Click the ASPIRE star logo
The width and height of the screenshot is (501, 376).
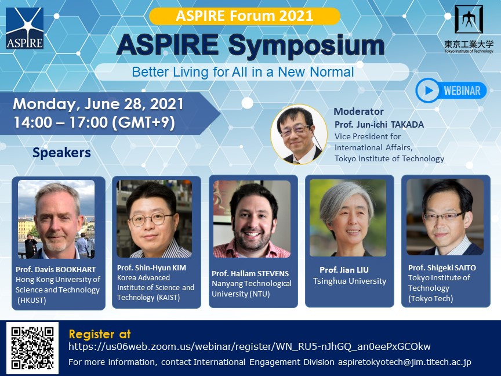click(24, 28)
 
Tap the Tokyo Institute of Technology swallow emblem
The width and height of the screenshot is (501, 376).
click(469, 19)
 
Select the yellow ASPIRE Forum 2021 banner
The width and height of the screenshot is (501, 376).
click(245, 16)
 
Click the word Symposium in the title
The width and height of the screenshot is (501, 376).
click(306, 46)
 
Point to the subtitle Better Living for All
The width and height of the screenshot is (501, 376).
click(243, 72)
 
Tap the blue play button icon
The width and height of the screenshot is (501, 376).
click(428, 91)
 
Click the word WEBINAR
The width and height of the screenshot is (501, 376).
click(462, 91)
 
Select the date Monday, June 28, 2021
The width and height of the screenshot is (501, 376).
click(98, 104)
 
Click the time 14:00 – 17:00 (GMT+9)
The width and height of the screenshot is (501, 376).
click(95, 122)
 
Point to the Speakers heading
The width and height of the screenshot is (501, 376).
click(61, 153)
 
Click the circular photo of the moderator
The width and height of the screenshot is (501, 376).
click(299, 134)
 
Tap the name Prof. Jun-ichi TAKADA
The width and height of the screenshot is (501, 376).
click(379, 124)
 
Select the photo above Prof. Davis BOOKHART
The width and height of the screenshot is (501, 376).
click(56, 219)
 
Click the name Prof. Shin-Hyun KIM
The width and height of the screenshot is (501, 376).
click(151, 267)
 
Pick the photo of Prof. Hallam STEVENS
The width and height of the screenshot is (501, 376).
click(252, 219)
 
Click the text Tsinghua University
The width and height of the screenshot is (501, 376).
click(350, 281)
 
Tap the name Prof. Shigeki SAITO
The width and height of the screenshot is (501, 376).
click(442, 267)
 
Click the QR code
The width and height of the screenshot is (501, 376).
click(32, 348)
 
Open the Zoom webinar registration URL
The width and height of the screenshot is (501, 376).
click(249, 346)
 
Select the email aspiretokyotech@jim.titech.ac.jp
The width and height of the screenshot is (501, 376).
click(405, 362)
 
